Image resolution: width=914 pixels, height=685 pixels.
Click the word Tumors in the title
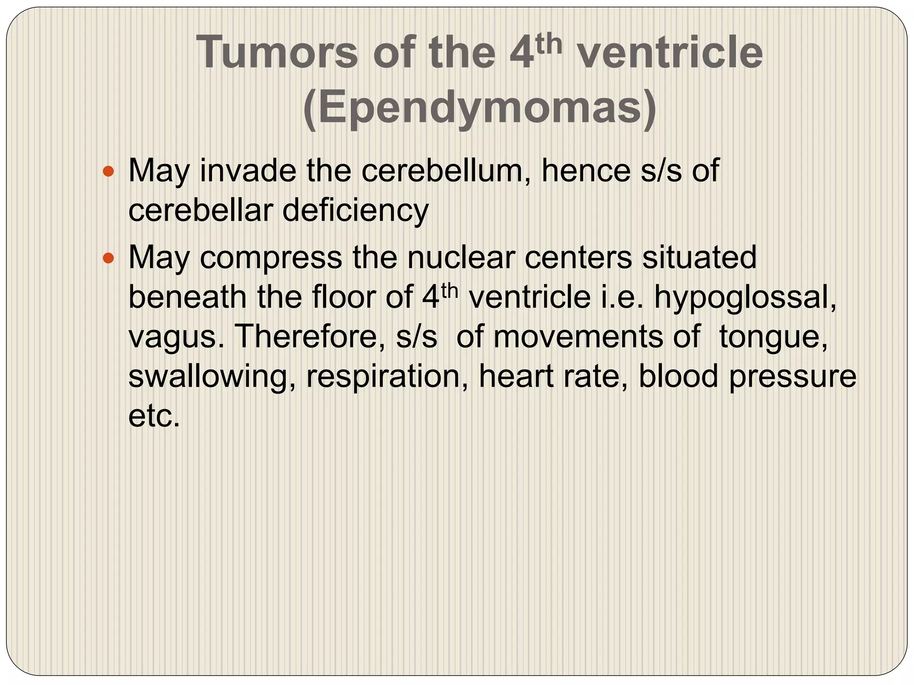click(277, 53)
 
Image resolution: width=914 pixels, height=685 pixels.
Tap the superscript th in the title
click(549, 45)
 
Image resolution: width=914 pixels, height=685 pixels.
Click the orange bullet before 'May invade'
click(108, 171)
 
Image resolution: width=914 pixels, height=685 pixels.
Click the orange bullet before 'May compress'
click(108, 257)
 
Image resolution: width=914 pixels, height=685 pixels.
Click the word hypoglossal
click(745, 297)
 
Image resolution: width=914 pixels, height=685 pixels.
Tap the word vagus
click(176, 337)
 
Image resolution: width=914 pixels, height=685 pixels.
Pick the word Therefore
click(309, 337)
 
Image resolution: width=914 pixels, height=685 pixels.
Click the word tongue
click(773, 337)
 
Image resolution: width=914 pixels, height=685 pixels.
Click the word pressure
click(792, 376)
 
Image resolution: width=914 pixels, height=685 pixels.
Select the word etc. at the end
click(154, 416)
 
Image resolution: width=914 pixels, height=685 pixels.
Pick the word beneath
click(187, 297)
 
